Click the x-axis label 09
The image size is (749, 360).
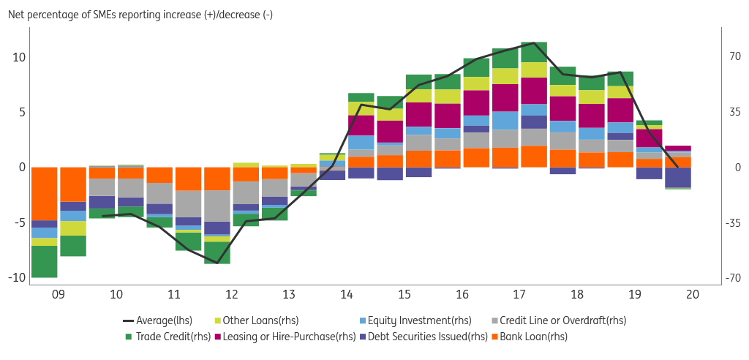coord(58,294)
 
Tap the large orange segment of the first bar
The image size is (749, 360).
coord(44,193)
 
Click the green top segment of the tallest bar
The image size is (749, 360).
coord(534,52)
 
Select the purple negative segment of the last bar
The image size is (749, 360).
coord(678,177)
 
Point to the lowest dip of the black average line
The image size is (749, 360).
coord(217,262)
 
